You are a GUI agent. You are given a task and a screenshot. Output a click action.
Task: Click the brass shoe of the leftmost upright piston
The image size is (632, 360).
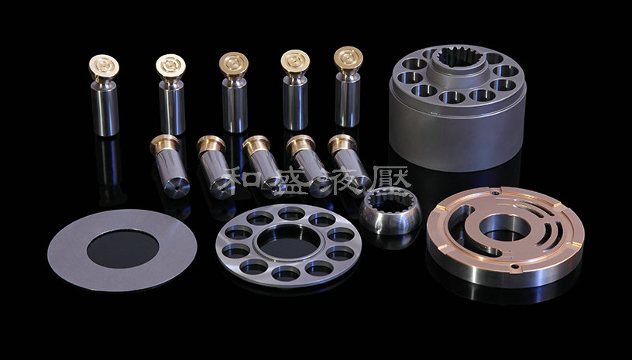click(104, 67)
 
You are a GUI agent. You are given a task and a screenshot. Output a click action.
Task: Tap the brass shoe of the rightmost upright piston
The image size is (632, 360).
click(349, 59)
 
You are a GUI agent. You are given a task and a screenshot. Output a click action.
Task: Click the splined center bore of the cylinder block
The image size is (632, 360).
click(460, 57)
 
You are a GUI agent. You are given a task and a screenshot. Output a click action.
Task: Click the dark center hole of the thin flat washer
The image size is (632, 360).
click(123, 249)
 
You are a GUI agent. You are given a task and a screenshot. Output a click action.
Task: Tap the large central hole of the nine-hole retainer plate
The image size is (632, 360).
click(289, 242)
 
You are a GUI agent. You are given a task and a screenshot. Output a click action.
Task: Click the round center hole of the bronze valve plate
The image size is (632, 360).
click(505, 228)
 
